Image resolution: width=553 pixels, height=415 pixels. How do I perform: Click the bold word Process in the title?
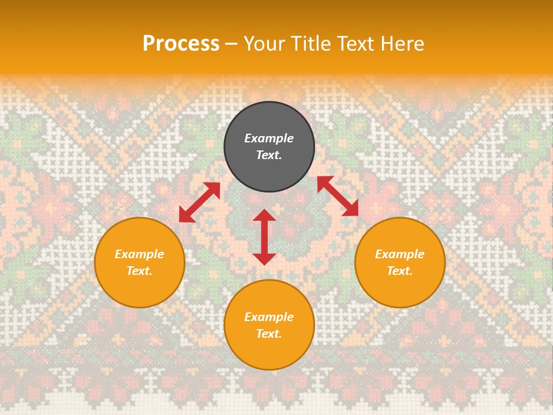click(x=181, y=43)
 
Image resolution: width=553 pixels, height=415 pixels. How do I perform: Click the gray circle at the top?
click(x=269, y=118)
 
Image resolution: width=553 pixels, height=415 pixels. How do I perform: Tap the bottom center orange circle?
click(x=269, y=351)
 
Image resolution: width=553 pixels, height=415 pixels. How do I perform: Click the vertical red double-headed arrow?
click(x=264, y=237)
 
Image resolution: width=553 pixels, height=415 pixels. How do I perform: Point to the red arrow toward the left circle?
click(x=199, y=202)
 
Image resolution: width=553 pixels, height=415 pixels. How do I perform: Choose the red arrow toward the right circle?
click(x=338, y=196)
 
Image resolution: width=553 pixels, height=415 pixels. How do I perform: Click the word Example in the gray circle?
click(x=269, y=138)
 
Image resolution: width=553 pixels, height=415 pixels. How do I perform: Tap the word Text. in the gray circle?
click(x=269, y=155)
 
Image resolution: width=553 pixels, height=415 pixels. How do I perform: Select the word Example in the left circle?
click(x=139, y=254)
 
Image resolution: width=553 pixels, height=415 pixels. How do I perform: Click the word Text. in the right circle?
click(x=400, y=271)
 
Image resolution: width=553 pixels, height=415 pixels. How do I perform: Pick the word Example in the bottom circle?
click(x=269, y=317)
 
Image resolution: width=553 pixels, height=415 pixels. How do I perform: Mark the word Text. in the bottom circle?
click(x=269, y=334)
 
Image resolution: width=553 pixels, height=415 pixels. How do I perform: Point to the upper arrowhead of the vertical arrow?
click(x=264, y=215)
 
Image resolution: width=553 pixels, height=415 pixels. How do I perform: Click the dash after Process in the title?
click(x=232, y=44)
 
